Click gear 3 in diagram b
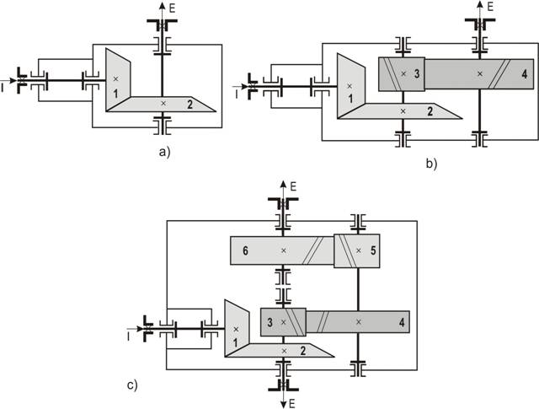click(405, 74)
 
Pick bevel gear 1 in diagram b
click(348, 85)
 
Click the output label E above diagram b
click(489, 6)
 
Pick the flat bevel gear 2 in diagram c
click(286, 349)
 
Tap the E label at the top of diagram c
click(293, 185)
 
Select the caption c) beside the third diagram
click(132, 385)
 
